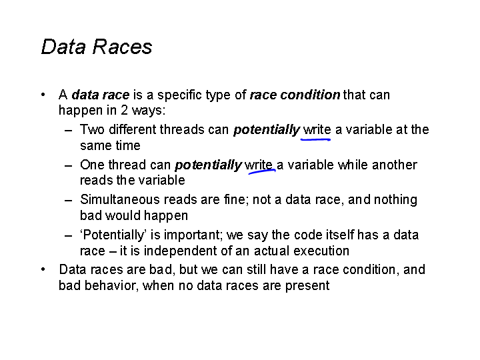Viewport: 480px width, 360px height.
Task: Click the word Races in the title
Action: tap(122, 47)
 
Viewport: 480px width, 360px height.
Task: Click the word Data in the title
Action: tap(63, 47)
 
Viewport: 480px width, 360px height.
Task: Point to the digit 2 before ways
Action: tap(124, 110)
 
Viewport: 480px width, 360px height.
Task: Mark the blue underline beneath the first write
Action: tap(315, 139)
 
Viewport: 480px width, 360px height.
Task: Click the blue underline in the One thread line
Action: tap(262, 171)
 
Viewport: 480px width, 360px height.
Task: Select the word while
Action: tap(353, 165)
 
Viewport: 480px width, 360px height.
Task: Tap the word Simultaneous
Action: tap(120, 199)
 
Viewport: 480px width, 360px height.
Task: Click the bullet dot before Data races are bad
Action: tap(43, 270)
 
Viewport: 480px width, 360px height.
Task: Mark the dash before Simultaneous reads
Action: tap(69, 201)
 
